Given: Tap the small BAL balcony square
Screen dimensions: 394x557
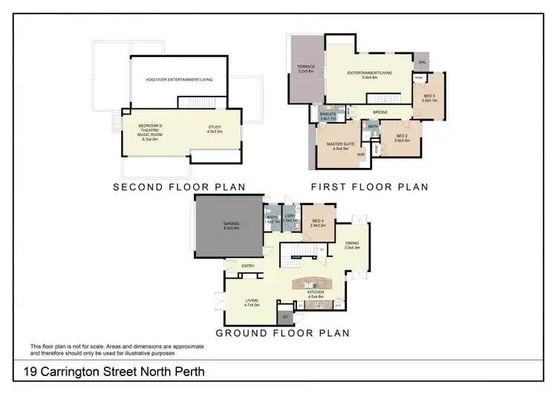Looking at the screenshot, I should [423, 62].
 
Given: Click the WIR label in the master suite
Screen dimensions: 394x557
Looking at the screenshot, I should [359, 155].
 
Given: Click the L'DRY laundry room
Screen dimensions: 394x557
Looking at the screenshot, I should [290, 219].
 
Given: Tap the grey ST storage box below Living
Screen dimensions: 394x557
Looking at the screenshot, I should [284, 317].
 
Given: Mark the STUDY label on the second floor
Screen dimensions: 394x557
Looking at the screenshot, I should [215, 129].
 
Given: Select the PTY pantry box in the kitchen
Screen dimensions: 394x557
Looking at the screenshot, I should [338, 305].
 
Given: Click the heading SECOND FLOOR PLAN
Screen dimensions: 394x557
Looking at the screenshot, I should [180, 187].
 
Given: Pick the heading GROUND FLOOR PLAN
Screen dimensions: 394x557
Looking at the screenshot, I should [283, 333].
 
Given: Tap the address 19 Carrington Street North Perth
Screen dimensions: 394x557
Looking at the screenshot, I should [112, 371].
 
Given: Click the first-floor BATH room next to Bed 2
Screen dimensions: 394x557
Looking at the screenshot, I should [372, 128].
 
